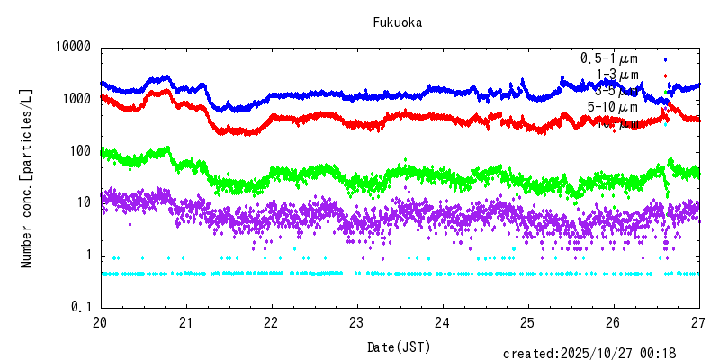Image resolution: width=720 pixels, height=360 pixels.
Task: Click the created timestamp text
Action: click(601, 354)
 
